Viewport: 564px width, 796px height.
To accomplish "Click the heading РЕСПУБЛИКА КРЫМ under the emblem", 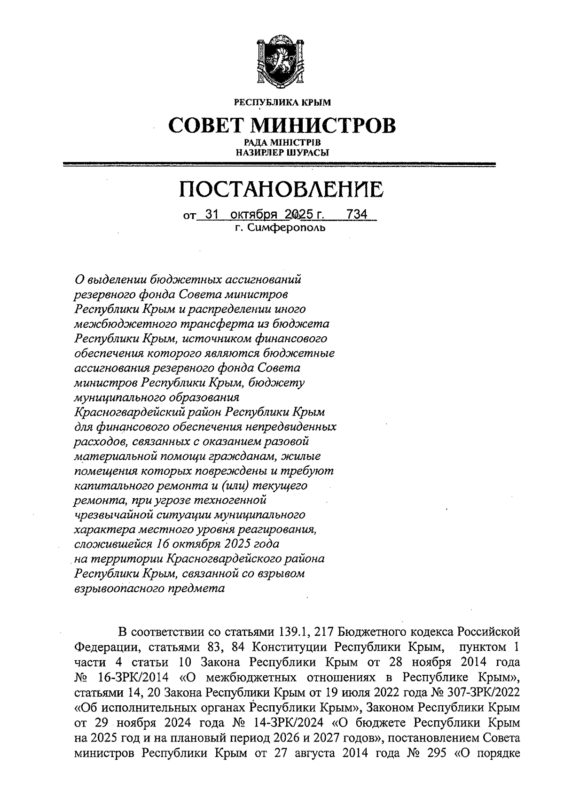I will pos(282,102).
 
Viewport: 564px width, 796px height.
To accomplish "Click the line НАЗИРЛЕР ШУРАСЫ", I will pos(282,152).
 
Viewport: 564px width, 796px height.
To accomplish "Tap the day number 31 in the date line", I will pos(212,215).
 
